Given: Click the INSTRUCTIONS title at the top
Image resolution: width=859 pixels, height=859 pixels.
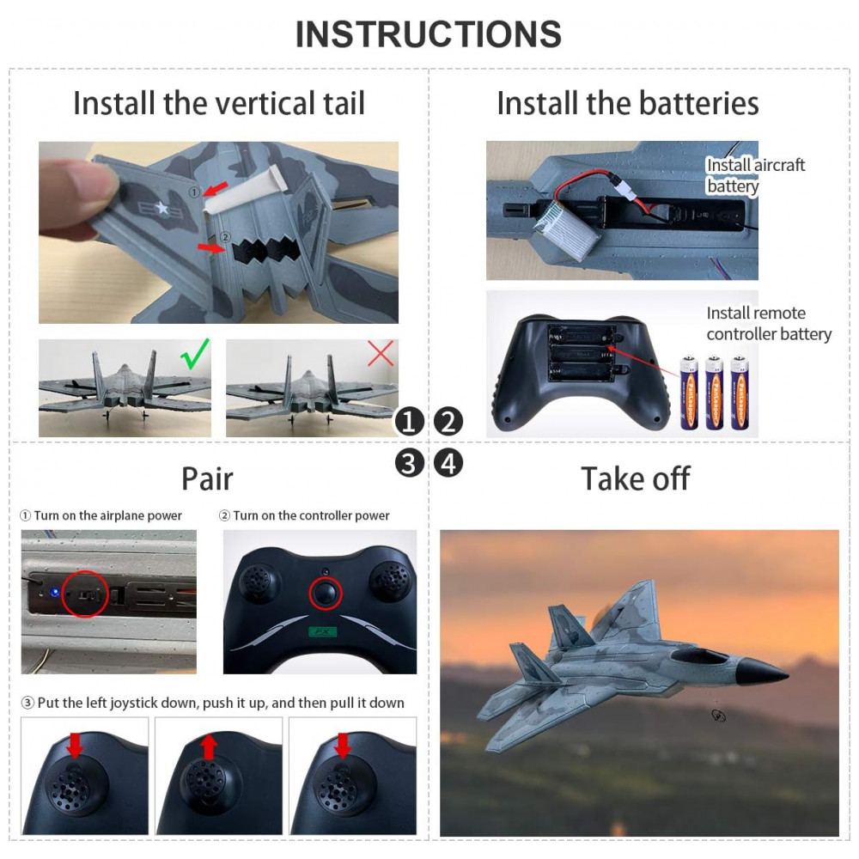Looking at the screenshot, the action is point(429,34).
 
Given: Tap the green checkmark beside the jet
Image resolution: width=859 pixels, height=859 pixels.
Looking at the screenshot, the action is point(194,354).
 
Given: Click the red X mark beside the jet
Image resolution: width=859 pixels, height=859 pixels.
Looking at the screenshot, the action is point(381,353).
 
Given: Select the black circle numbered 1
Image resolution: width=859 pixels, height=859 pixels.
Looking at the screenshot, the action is point(409,422).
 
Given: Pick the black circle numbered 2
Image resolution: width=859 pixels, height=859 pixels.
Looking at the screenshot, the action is point(448,422).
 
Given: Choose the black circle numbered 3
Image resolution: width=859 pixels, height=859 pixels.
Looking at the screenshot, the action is point(409,463).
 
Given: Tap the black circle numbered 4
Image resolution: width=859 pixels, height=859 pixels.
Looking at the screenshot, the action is point(448,463).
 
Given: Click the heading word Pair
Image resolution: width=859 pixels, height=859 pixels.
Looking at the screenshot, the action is point(207,478).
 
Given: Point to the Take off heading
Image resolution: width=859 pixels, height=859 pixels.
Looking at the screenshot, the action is point(635,478).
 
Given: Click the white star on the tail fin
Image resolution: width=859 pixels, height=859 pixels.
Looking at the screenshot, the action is point(161,208).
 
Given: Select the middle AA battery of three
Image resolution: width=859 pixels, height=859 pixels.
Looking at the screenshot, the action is point(713,393).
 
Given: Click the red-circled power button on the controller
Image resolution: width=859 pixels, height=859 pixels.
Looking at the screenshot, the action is point(326,593).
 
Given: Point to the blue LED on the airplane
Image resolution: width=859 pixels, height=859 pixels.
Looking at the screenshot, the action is point(54,593).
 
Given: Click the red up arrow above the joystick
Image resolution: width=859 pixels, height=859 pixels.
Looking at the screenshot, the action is point(208,747).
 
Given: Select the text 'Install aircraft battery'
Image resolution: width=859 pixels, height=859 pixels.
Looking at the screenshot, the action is point(755,175).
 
